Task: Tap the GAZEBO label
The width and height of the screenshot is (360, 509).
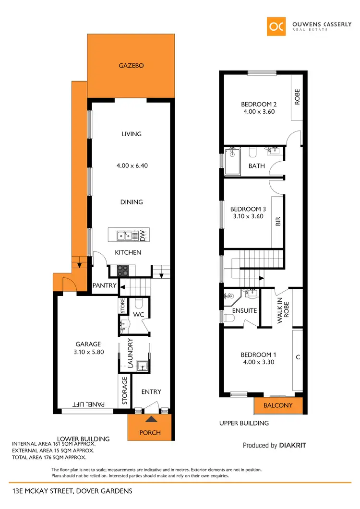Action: [131, 66]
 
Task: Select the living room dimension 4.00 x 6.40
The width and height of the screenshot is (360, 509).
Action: [131, 166]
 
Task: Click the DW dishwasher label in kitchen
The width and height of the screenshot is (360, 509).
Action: [143, 235]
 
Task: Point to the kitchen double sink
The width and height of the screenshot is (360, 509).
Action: [126, 235]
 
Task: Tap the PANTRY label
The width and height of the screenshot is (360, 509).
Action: [105, 285]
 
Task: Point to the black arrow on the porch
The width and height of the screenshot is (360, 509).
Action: [151, 420]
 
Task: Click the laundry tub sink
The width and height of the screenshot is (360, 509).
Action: [143, 366]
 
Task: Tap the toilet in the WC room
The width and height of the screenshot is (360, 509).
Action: [139, 303]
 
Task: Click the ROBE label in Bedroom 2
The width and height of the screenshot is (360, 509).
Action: [297, 97]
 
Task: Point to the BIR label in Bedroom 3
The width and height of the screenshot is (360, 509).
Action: [278, 221]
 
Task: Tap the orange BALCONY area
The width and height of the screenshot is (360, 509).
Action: [278, 405]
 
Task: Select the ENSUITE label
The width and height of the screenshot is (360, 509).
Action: [245, 311]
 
